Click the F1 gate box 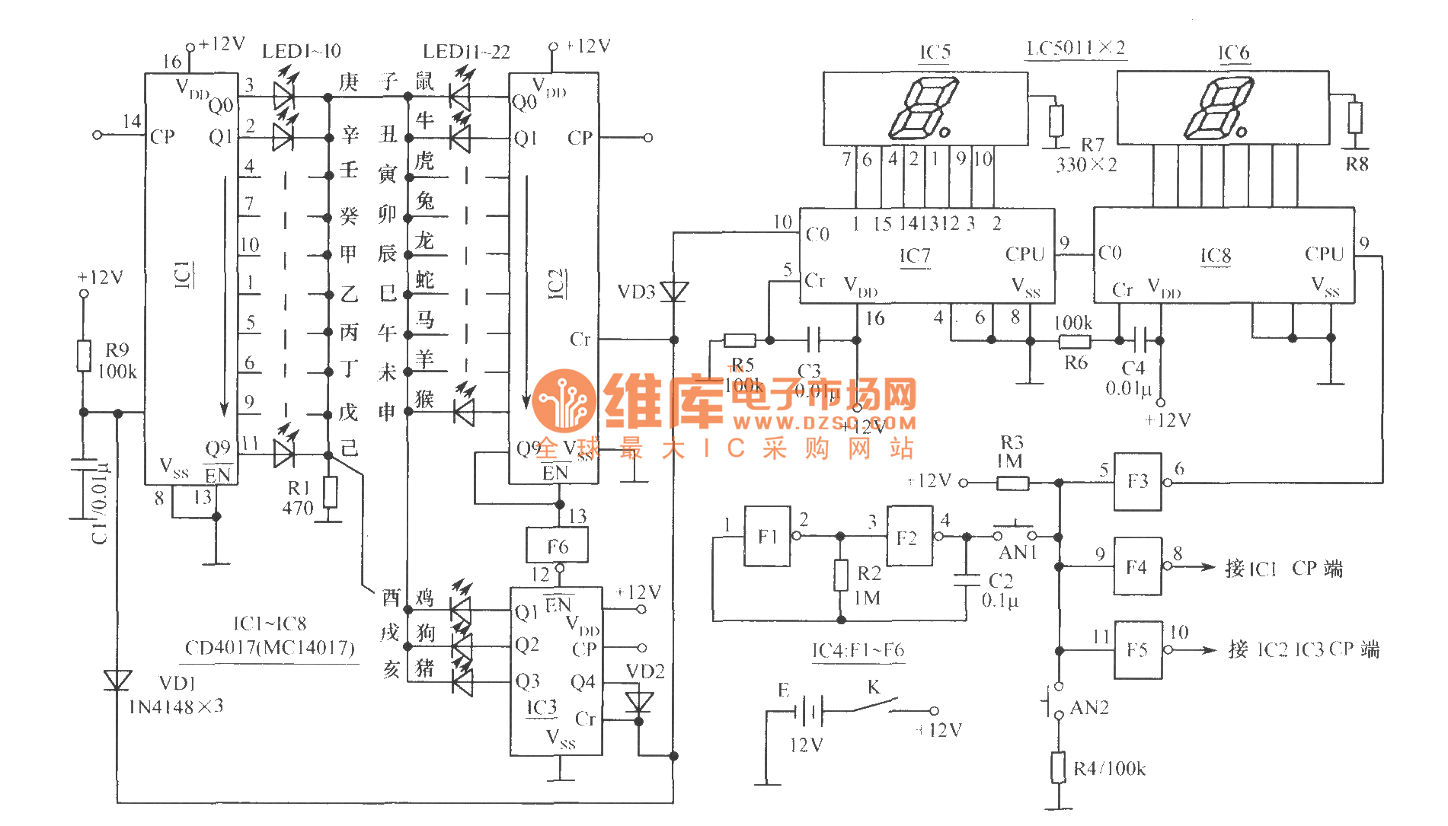click(767, 536)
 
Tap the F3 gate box click(1137, 481)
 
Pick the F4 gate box click(1137, 566)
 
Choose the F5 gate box click(1138, 649)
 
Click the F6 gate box click(558, 546)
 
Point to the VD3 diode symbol click(673, 292)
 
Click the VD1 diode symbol click(117, 680)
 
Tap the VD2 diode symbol click(638, 702)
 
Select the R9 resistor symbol click(84, 356)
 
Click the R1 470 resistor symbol click(330, 493)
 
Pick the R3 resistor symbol click(1012, 483)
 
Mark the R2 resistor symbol click(840, 576)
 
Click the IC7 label click(915, 256)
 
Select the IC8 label click(1216, 256)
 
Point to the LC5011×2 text click(1076, 49)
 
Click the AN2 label click(1089, 708)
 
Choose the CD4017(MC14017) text click(270, 648)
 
